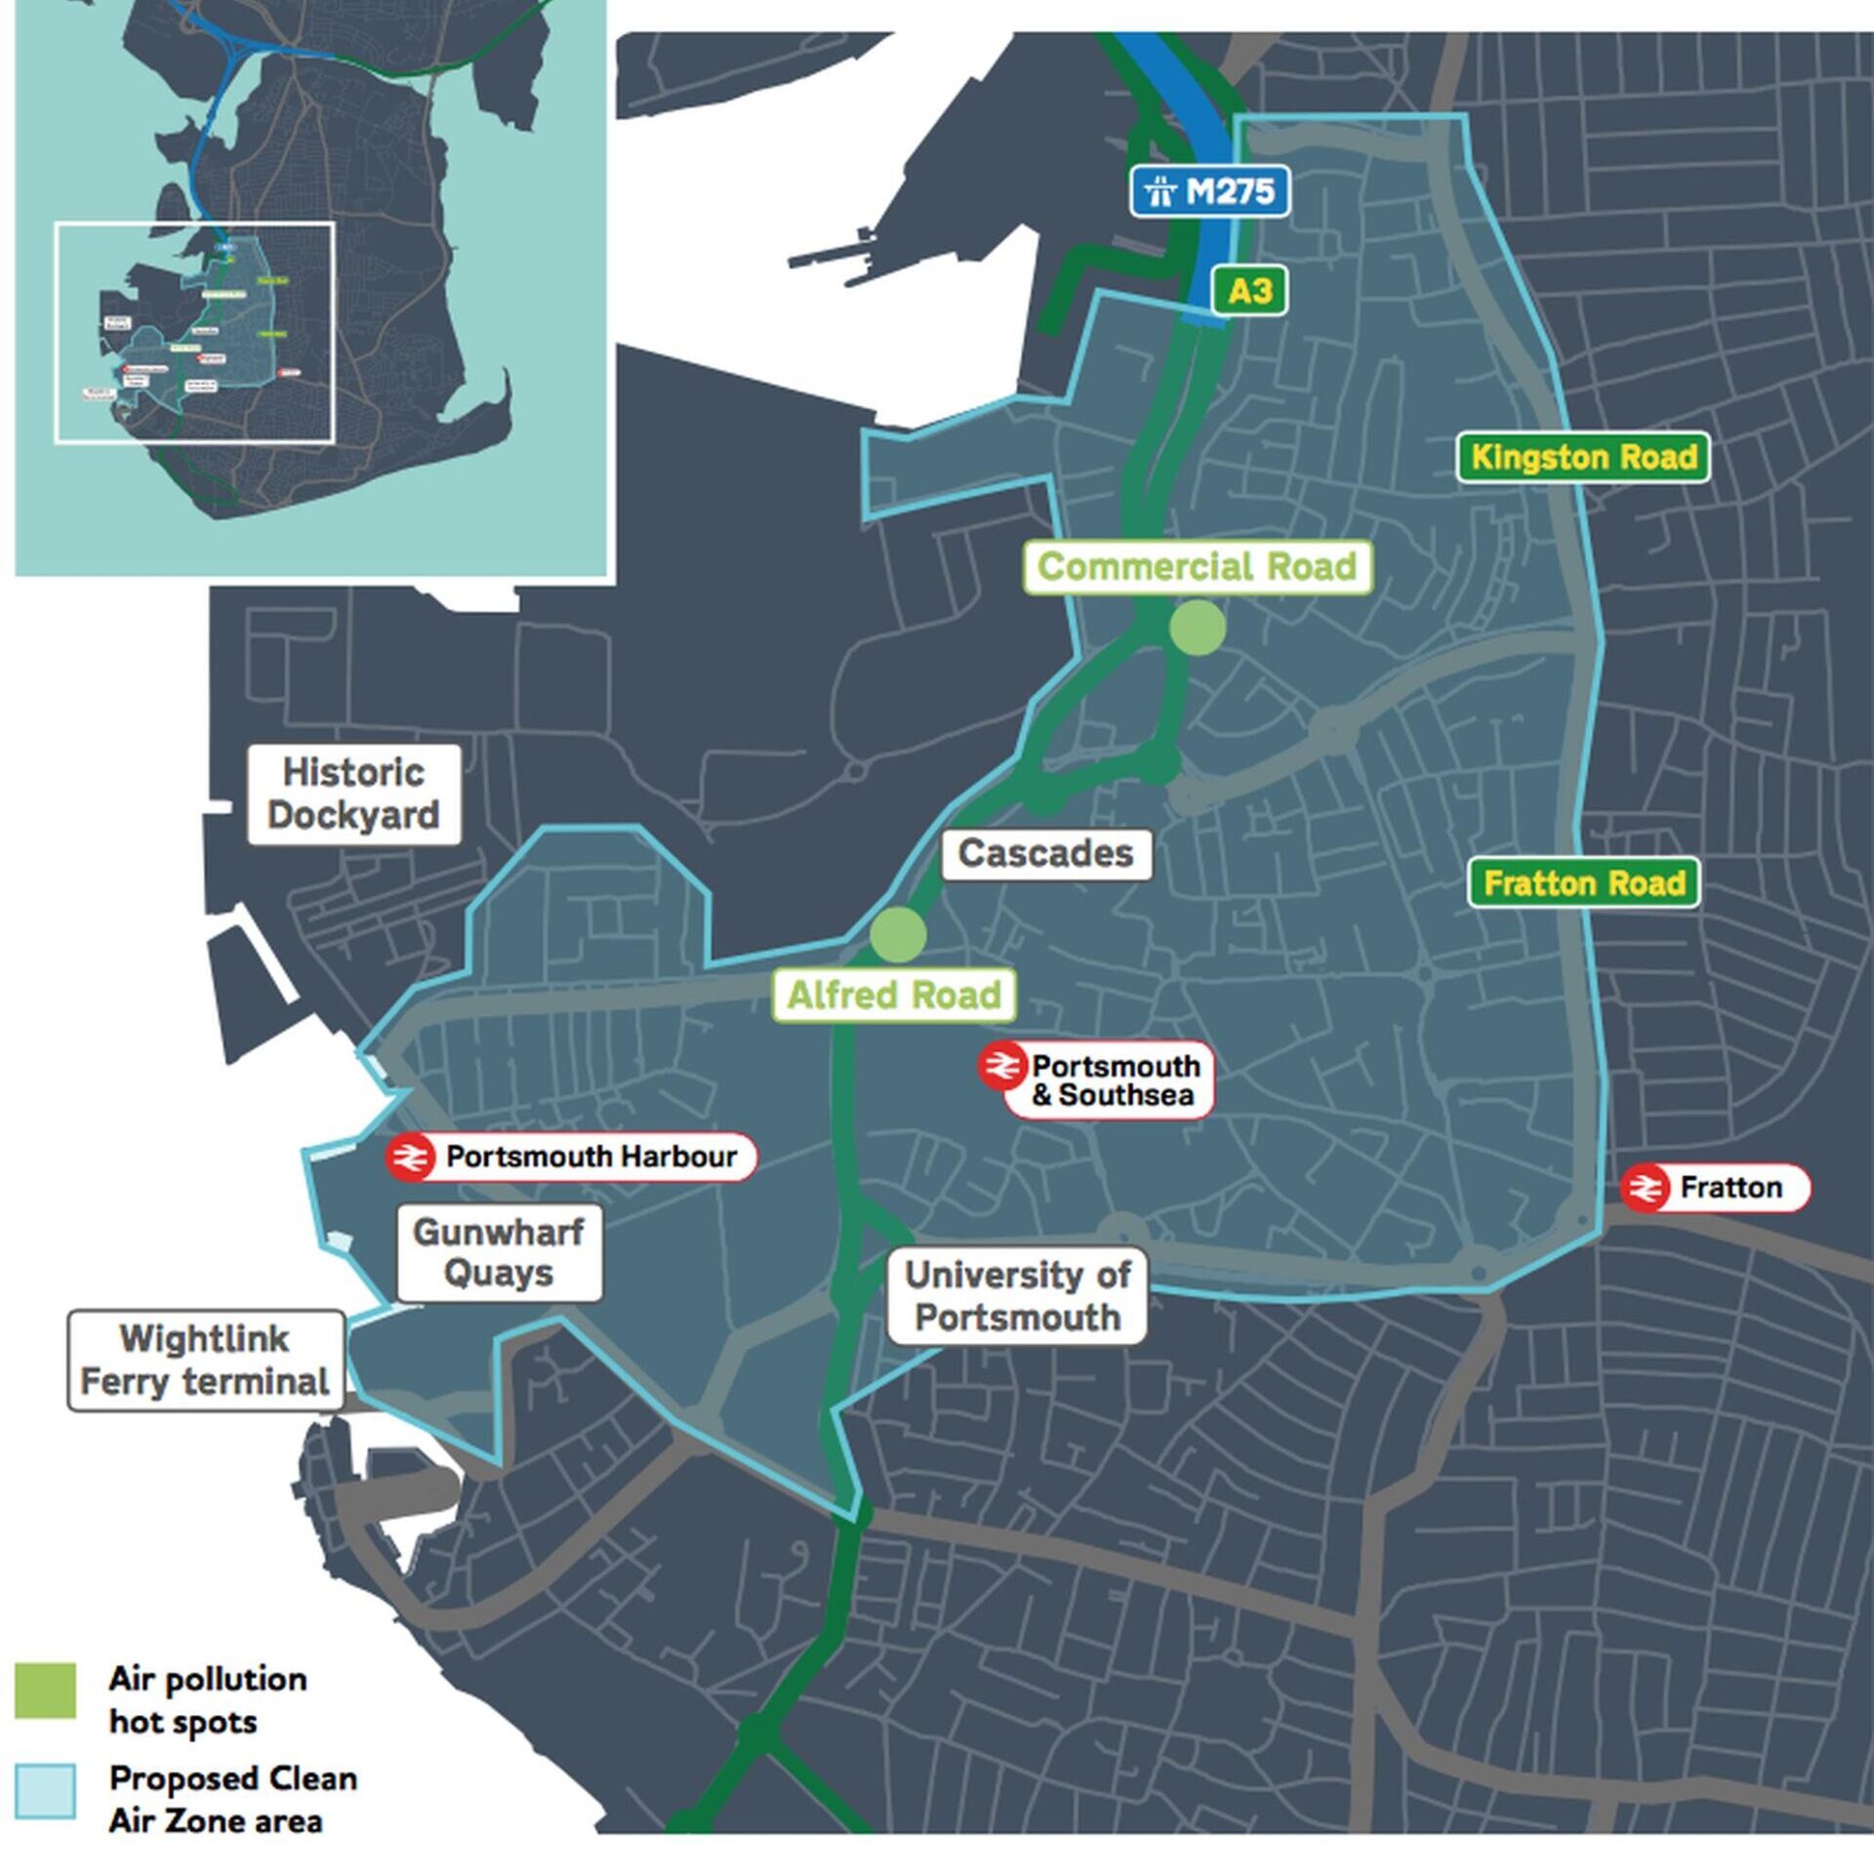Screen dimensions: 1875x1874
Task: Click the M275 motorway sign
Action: coord(1210,190)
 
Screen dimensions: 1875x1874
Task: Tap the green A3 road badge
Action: coord(1249,291)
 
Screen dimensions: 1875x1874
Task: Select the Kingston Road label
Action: coord(1583,457)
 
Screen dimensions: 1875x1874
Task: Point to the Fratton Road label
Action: coord(1584,883)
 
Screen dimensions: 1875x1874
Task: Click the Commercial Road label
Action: coord(1198,567)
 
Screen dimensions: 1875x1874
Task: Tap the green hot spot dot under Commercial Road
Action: coord(1198,628)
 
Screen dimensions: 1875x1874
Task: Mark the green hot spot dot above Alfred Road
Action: coord(898,934)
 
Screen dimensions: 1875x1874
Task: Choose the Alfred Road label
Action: coord(894,996)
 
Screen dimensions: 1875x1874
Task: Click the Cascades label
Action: coord(1046,854)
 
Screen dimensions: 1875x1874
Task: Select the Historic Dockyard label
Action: coord(353,795)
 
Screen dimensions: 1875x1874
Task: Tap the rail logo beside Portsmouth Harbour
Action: coord(410,1159)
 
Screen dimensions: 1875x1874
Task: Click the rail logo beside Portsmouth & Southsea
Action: coord(1002,1066)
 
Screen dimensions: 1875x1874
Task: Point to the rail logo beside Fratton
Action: coord(1646,1188)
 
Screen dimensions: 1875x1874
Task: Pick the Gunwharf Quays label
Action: coord(499,1253)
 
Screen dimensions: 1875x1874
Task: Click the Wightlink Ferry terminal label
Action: coord(205,1361)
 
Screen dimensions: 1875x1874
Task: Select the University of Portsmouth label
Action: coord(1017,1296)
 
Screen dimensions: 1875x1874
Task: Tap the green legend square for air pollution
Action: coord(45,1690)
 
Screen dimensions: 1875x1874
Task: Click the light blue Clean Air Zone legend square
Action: coord(45,1791)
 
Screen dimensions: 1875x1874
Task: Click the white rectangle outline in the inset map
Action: coord(195,224)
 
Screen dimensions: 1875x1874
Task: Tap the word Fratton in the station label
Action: coord(1731,1188)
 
